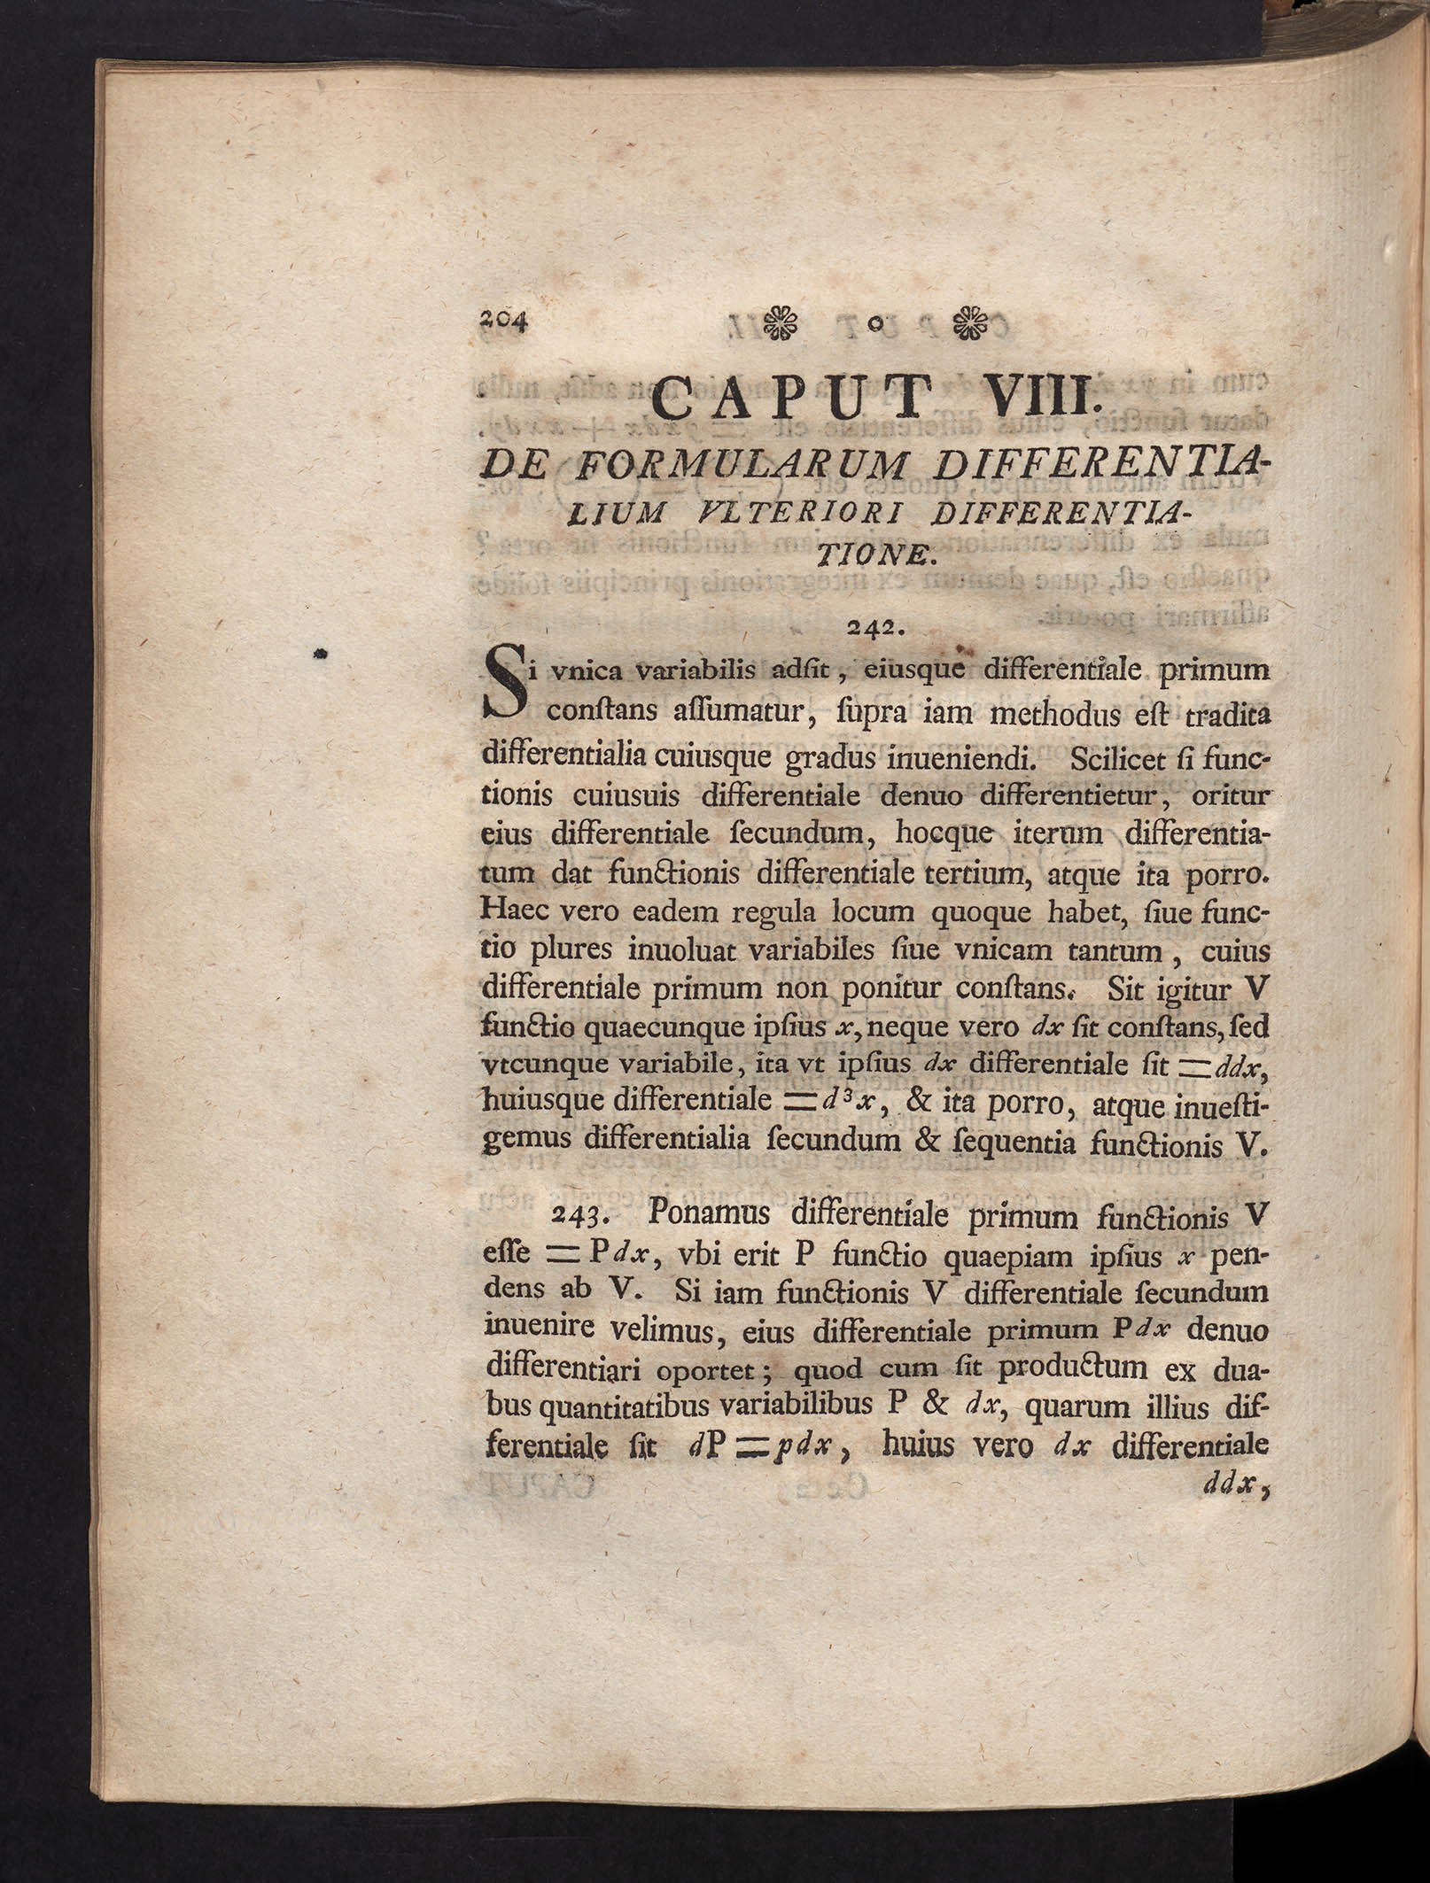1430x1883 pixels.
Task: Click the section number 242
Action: [x=874, y=627]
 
